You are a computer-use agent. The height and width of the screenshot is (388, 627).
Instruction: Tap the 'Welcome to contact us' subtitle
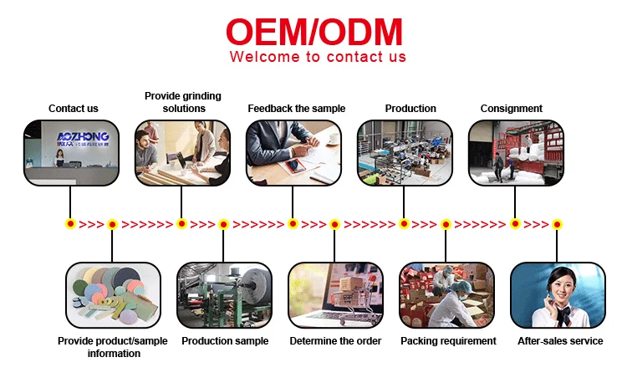point(318,58)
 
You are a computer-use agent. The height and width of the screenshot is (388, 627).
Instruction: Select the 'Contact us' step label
point(74,109)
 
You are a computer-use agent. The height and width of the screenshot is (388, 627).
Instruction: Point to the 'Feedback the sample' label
point(296,109)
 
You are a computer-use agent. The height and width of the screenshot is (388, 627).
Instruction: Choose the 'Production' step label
point(410,109)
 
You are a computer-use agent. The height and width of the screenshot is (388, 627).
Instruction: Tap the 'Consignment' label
point(512,109)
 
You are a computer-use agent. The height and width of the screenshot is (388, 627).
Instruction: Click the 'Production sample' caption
point(225,341)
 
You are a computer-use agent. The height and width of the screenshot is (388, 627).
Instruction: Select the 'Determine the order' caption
point(335,341)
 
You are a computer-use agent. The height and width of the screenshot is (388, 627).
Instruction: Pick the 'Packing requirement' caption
point(448,341)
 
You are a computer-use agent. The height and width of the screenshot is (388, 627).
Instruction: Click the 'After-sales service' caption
point(558,341)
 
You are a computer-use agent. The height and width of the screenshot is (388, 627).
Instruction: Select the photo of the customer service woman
point(558,296)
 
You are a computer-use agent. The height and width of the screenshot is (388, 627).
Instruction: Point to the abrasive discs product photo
point(113,296)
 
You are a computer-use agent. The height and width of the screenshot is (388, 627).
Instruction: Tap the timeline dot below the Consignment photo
point(515,224)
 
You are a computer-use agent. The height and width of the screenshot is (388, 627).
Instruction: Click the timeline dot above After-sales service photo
point(557,224)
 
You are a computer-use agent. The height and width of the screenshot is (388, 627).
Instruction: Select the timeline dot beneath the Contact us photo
point(70,224)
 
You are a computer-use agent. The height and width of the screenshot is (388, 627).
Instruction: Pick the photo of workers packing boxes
point(446,296)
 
